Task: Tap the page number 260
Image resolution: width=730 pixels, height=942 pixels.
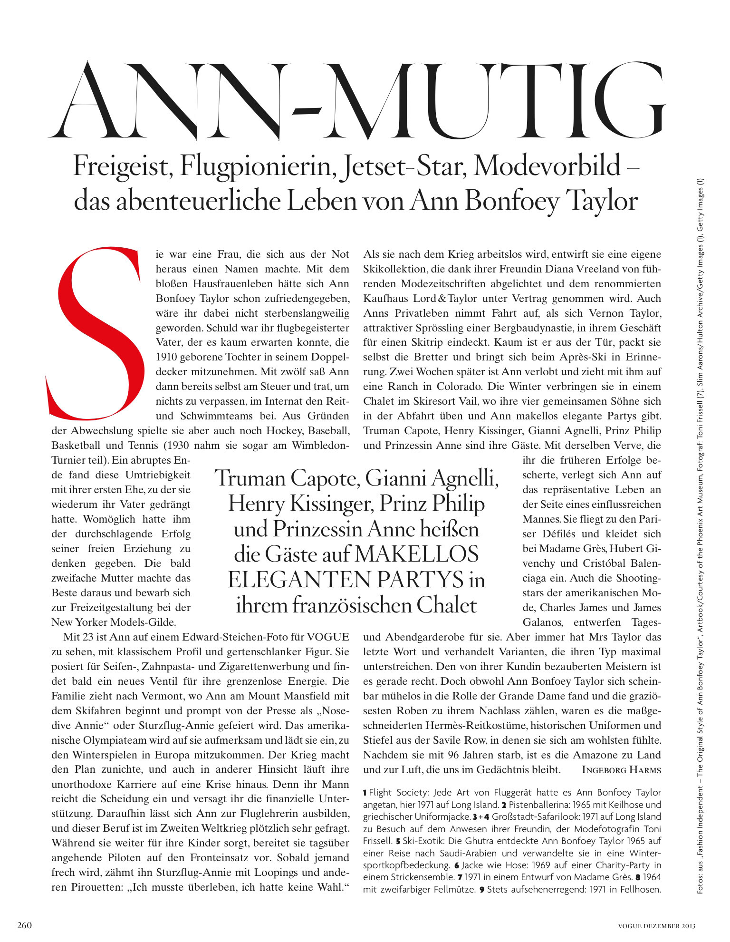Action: pos(24,925)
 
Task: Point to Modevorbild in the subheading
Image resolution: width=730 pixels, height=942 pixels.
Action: pos(547,166)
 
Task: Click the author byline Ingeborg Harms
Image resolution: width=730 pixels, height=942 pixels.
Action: pos(621,770)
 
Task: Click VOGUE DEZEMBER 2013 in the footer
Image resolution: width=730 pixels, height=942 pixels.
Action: pos(656,926)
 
